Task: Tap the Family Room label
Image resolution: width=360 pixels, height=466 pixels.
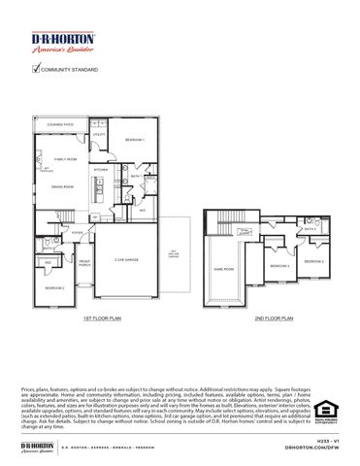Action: (65, 158)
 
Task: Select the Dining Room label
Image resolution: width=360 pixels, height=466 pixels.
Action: (63, 186)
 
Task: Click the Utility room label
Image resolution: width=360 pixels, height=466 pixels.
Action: (113, 135)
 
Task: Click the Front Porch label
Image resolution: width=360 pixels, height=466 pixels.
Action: (84, 264)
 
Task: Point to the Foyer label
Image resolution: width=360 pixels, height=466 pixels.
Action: (77, 233)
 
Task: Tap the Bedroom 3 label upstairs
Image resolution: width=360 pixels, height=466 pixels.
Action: (279, 265)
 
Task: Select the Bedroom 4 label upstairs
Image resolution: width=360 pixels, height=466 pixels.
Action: (313, 261)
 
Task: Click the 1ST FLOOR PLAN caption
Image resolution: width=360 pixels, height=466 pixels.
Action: (102, 317)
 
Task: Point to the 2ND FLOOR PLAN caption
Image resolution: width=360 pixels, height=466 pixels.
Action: (275, 317)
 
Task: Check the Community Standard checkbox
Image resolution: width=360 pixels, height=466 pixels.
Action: (36, 68)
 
